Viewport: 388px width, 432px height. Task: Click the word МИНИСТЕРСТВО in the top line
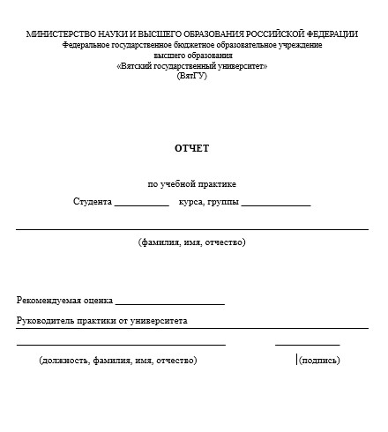click(60, 34)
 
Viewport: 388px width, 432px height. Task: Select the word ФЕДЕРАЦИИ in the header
click(328, 34)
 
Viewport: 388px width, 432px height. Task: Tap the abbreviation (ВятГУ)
click(191, 76)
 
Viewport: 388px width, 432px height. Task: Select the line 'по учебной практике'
click(191, 184)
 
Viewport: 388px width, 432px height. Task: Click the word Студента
click(93, 202)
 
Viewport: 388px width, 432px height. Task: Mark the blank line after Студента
click(141, 205)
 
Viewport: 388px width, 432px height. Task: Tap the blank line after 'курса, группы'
click(276, 205)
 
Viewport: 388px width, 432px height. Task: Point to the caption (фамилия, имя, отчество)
click(191, 242)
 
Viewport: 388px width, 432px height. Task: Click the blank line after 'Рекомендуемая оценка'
click(169, 304)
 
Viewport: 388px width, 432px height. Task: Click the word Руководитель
click(45, 321)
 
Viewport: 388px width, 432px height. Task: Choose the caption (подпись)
click(319, 360)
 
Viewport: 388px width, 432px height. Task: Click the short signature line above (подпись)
click(307, 345)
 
